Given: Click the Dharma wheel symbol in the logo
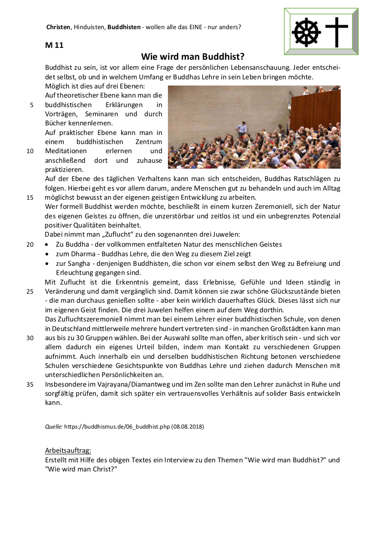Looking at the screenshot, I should pyautogui.click(x=305, y=31).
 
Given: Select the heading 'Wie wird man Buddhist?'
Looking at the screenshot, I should pyautogui.click(x=193, y=57).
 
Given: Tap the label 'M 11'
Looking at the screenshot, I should pyautogui.click(x=54, y=45).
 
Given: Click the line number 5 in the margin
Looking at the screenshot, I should pyautogui.click(x=32, y=105).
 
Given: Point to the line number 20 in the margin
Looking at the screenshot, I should pyautogui.click(x=30, y=244).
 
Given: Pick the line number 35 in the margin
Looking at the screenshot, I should pyautogui.click(x=30, y=384).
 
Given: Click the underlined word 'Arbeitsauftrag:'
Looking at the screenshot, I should pyautogui.click(x=68, y=450).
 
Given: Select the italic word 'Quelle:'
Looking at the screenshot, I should pyautogui.click(x=54, y=427).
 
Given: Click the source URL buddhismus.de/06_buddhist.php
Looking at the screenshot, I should pyautogui.click(x=117, y=427).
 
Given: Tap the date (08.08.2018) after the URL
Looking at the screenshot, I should pyautogui.click(x=188, y=427).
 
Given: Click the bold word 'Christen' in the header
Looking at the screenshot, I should pyautogui.click(x=58, y=27).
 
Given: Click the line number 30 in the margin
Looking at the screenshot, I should pyautogui.click(x=30, y=338).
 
